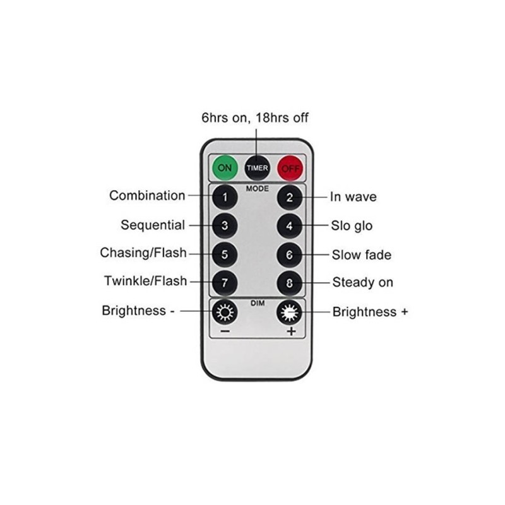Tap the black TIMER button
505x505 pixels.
(257, 168)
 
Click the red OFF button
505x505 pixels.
(290, 168)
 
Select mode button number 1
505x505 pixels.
(225, 197)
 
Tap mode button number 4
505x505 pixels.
(290, 226)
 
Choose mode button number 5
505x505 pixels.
(225, 254)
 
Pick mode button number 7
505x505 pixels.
(225, 283)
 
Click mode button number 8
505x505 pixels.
(290, 283)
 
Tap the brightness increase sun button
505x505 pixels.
(290, 312)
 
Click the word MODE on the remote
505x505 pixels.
(258, 188)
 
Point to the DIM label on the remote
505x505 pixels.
(258, 303)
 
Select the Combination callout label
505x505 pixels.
(147, 196)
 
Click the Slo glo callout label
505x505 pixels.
(352, 226)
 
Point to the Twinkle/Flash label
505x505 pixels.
(146, 281)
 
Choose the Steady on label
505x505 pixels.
(362, 282)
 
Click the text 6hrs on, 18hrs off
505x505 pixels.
(255, 118)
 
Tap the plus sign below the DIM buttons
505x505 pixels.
(291, 331)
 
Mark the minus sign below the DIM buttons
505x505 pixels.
(225, 331)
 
